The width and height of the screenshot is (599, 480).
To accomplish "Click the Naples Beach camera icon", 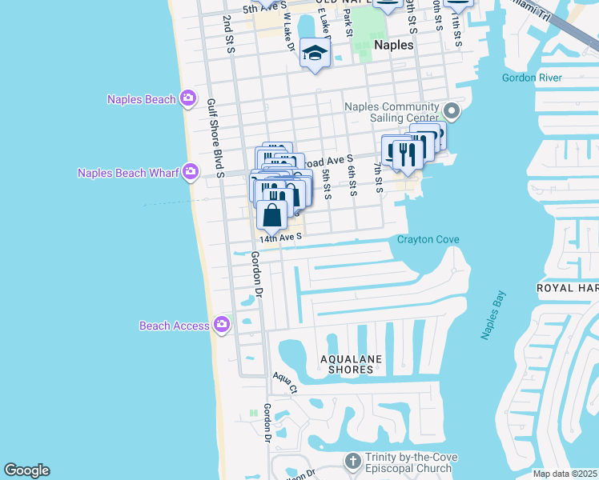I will [189, 99].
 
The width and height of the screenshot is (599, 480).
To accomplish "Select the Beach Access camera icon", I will [222, 325].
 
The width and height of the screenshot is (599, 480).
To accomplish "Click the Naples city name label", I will [394, 45].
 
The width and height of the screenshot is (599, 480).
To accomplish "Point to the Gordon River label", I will [532, 78].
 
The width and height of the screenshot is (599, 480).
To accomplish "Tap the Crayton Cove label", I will [428, 240].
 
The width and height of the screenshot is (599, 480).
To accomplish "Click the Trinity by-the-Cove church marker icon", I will [353, 462].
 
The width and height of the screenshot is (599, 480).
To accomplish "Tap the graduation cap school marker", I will [315, 54].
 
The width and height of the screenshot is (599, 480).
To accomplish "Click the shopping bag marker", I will [272, 214].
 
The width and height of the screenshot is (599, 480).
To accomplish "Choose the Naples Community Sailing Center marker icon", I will [451, 112].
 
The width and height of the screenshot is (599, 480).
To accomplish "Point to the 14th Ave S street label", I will [280, 237].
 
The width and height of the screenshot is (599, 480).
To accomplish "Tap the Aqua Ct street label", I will [283, 382].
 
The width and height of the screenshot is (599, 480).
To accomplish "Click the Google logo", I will [26, 470].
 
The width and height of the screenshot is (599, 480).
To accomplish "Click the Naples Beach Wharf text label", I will [128, 173].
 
